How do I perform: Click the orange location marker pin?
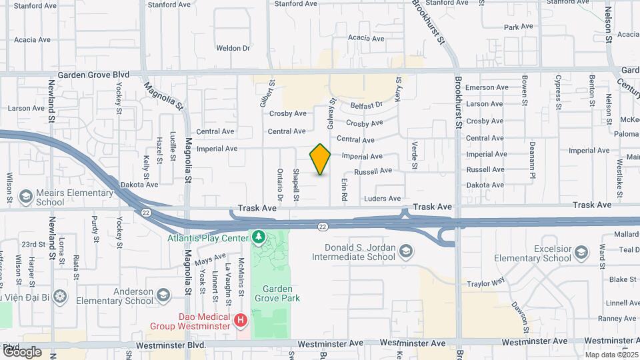pos(320,159)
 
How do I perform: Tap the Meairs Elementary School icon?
pos(26,197)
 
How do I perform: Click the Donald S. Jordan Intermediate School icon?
pos(406,251)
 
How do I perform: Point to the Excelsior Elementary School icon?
pos(581,252)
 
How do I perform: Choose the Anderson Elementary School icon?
pos(162,295)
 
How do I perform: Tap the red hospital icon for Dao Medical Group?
pos(241,321)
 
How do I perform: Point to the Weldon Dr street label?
pos(233,48)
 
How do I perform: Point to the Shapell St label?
pos(296,185)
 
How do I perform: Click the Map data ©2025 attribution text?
pos(611,355)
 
